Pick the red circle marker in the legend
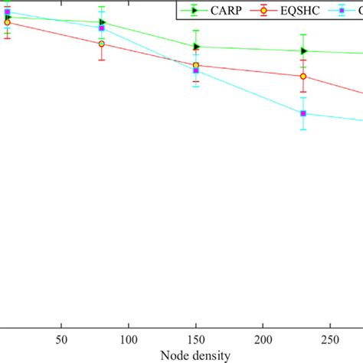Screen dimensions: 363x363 [x=263, y=10]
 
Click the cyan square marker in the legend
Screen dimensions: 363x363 [x=342, y=10]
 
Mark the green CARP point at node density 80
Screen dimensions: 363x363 [x=102, y=22]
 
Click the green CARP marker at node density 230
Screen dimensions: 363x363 [x=304, y=51]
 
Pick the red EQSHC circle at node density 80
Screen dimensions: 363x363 [x=101, y=44]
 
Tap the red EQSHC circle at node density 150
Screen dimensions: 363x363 [x=196, y=66]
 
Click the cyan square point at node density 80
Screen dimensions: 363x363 [x=101, y=28]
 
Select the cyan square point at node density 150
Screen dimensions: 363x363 [x=196, y=71]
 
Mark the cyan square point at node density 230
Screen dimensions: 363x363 [x=303, y=113]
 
